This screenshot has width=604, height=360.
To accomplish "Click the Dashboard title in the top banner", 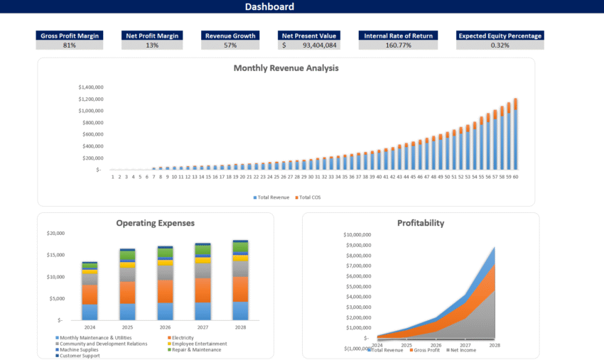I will pyautogui.click(x=269, y=7).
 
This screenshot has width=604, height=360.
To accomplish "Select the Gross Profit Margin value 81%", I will pyautogui.click(x=69, y=45).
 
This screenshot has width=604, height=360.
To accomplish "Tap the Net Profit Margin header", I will pyautogui.click(x=152, y=36).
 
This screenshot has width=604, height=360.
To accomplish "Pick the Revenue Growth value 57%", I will pyautogui.click(x=230, y=45).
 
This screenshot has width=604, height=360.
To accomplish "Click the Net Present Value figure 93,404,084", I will pyautogui.click(x=319, y=45).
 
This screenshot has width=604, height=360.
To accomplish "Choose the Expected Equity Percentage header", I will pyautogui.click(x=500, y=36).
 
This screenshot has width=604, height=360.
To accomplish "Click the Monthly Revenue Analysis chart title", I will pyautogui.click(x=286, y=68).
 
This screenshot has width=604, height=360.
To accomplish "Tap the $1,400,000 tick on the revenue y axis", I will pyautogui.click(x=91, y=87).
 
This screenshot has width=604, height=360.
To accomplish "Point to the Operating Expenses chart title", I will pyautogui.click(x=155, y=223).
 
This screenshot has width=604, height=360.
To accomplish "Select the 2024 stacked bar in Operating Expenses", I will pyautogui.click(x=90, y=291).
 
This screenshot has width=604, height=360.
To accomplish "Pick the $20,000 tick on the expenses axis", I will pyautogui.click(x=55, y=233).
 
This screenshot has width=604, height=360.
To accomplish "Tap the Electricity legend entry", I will pyautogui.click(x=183, y=337).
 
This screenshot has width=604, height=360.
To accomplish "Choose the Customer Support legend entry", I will pyautogui.click(x=80, y=355).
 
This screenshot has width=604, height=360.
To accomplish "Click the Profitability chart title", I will pyautogui.click(x=420, y=223).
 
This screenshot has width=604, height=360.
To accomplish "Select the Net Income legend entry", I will pyautogui.click(x=460, y=349).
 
